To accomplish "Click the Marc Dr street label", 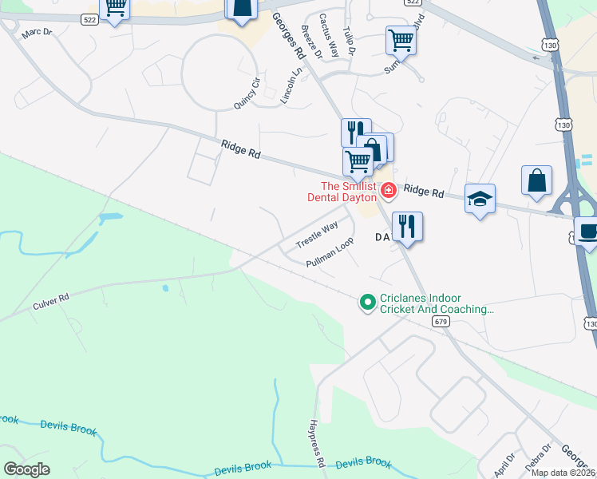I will point(37,34).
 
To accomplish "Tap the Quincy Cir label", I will point(247,93).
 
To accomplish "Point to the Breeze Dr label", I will point(311,42).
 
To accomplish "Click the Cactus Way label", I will point(329,35).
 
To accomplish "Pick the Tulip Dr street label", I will point(349,39).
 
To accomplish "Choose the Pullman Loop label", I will point(330,252).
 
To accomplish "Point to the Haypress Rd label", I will point(317,444).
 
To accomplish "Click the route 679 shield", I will point(441,321).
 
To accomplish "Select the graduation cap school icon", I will point(480,199).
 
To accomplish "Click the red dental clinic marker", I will point(388,190).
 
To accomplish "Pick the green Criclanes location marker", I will point(367,302).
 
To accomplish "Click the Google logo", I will point(27,469).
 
